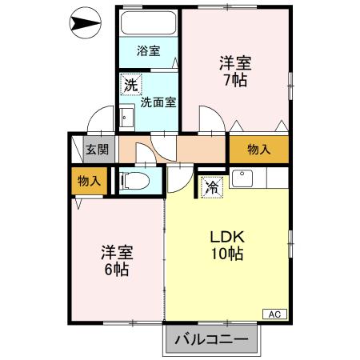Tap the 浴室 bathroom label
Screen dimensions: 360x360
148,51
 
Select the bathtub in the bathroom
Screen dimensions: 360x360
148,22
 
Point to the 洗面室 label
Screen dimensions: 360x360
158,102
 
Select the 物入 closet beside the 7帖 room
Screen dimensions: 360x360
258,149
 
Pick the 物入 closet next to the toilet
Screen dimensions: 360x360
88,181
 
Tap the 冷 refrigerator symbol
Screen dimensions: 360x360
212,187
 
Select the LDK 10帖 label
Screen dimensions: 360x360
227,245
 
